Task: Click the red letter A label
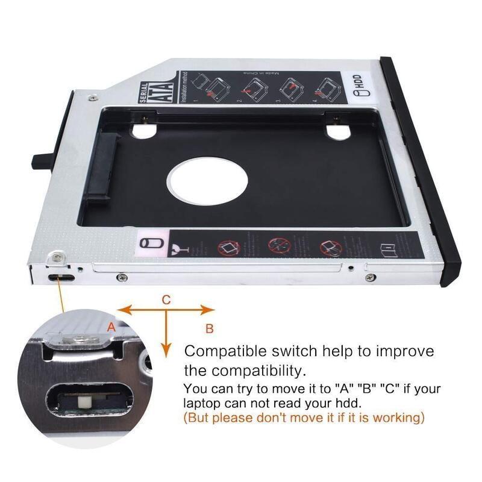(x=110, y=327)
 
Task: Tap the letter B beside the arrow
(x=209, y=329)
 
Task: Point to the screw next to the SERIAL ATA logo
(x=92, y=97)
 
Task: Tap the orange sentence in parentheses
(x=304, y=417)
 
